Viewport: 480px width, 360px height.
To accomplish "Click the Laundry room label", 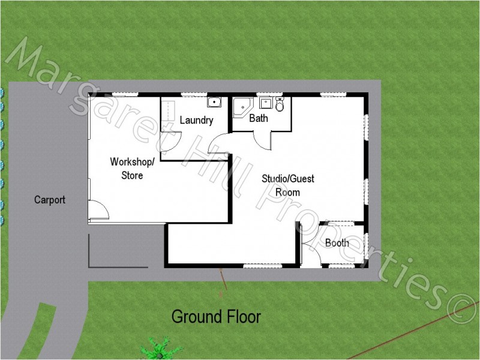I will pos(196,120).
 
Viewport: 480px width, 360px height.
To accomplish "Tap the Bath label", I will pos(259,118).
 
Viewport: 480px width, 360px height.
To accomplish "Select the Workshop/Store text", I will pos(132,169).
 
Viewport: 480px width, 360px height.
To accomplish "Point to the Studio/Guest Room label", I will pos(287,185).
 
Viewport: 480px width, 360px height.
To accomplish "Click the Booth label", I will pos(337,243).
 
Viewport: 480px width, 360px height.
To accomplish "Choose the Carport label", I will pos(50,200).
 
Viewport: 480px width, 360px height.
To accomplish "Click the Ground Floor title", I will pos(216,316).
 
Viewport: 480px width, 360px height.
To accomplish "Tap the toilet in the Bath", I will pos(280,105).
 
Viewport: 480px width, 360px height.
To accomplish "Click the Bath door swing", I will pos(262,140).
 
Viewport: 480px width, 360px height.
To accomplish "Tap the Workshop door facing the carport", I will pos(98,210).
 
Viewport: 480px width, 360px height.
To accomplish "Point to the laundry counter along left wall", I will pos(169,112).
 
